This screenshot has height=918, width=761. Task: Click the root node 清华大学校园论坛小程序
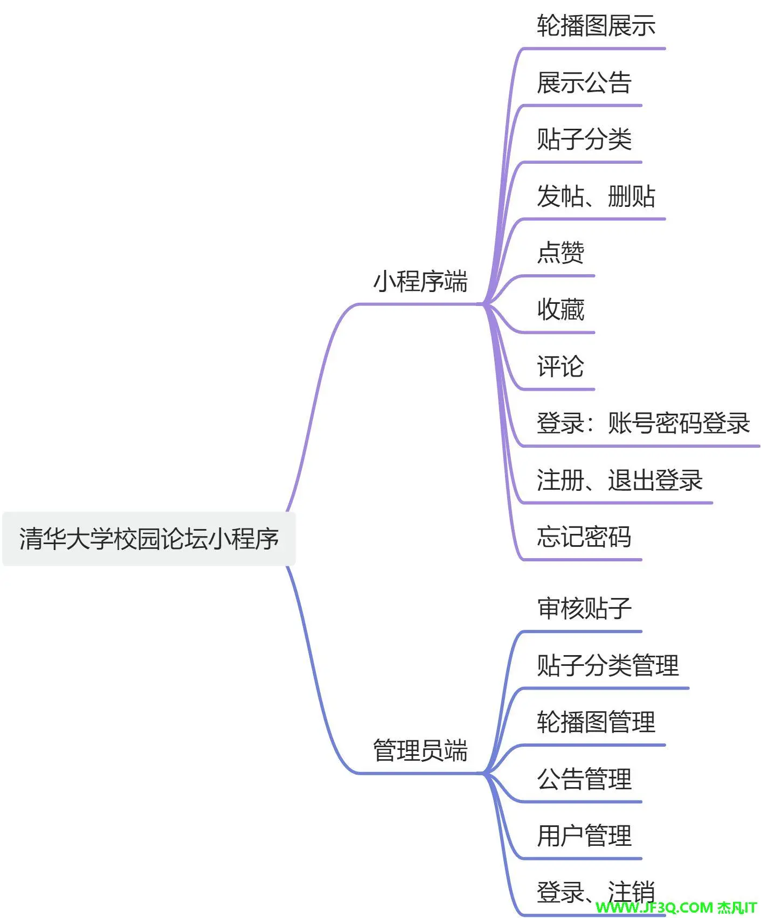pos(149,539)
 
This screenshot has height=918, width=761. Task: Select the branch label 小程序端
pos(420,282)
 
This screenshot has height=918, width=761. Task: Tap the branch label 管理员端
pos(420,750)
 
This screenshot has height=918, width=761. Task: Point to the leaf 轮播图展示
pos(596,26)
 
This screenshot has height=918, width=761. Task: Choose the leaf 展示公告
pos(584,82)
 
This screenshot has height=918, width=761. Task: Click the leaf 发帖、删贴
pos(596,196)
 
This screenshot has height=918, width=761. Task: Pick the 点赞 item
pos(561,253)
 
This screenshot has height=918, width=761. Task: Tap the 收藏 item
pos(561,310)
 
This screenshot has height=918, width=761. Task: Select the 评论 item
pos(561,366)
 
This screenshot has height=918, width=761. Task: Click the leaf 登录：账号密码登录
pos(643,423)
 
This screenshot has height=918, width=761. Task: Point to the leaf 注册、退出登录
pos(619,480)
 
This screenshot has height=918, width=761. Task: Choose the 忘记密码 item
pos(584,537)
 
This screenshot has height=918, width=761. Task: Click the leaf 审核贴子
pos(584,608)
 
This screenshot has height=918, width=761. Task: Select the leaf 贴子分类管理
pos(607,665)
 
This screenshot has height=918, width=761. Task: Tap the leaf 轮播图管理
pos(596,722)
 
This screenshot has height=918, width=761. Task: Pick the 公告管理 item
pos(584,779)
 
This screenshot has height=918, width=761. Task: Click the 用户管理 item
pos(584,836)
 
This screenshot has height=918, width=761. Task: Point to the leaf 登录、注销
pos(596,892)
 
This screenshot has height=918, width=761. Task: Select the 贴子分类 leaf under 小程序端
pos(584,139)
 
